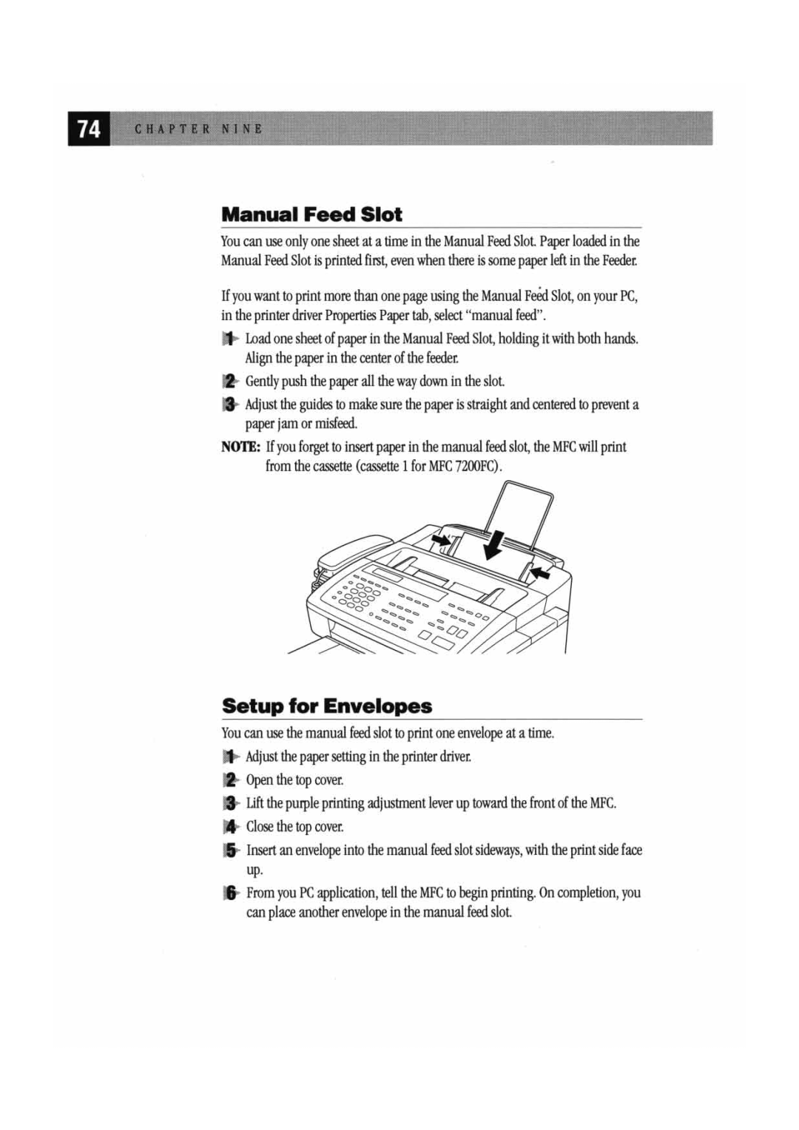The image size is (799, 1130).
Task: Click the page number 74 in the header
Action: [89, 129]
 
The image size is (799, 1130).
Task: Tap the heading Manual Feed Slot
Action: [311, 214]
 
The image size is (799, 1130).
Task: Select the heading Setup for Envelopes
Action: [327, 706]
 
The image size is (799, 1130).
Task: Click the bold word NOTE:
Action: [241, 447]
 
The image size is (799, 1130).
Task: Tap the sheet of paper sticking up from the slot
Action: [518, 510]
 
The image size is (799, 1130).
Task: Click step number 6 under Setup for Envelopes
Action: [231, 893]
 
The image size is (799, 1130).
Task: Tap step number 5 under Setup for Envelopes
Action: [231, 850]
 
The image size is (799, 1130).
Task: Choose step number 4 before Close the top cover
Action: [231, 827]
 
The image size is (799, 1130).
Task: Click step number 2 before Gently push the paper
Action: [230, 382]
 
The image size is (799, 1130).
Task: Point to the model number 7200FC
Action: [476, 467]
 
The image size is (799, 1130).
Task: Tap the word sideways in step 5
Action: [499, 850]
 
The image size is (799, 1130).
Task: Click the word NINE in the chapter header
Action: [242, 129]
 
